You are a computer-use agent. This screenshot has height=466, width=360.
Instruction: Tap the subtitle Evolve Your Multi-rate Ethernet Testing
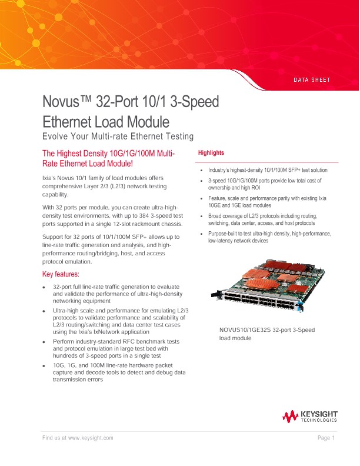click(x=118, y=137)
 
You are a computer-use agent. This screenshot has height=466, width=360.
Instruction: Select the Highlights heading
click(x=211, y=153)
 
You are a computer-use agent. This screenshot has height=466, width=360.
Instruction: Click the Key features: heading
click(x=65, y=274)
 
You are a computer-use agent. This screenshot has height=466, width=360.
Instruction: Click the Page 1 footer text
click(x=326, y=438)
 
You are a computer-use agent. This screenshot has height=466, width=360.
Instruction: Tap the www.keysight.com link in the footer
click(x=91, y=438)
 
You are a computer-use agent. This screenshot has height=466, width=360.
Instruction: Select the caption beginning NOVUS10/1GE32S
click(x=266, y=334)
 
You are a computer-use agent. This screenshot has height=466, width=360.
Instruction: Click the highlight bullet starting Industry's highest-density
click(x=268, y=170)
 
